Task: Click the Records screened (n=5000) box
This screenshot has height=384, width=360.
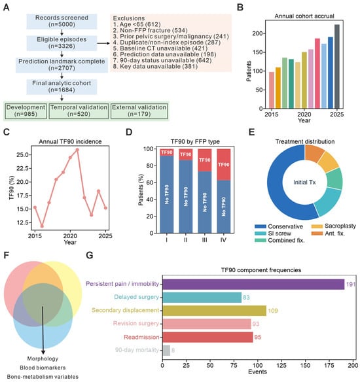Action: pyautogui.click(x=62, y=22)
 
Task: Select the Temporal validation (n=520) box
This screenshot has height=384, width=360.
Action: pyautogui.click(x=79, y=111)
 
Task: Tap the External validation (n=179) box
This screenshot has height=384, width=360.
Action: pyautogui.click(x=139, y=111)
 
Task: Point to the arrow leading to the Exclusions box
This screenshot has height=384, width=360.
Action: pyautogui.click(x=103, y=43)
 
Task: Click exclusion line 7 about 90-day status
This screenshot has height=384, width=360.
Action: pyautogui.click(x=162, y=60)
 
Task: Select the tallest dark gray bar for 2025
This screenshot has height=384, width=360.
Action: pyautogui.click(x=337, y=66)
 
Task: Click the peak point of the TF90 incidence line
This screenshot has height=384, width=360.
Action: pyautogui.click(x=77, y=150)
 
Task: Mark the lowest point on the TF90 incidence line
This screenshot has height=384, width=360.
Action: pyautogui.click(x=42, y=226)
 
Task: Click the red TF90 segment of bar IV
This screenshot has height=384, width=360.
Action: pyautogui.click(x=223, y=165)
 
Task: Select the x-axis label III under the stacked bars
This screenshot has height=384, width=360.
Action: pyautogui.click(x=204, y=240)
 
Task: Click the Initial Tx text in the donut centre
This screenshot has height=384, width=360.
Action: pyautogui.click(x=304, y=183)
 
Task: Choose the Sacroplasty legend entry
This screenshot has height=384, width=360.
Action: pyautogui.click(x=334, y=226)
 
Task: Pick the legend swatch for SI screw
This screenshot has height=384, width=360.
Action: pyautogui.click(x=261, y=234)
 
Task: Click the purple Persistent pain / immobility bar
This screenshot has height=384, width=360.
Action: pyautogui.click(x=253, y=285)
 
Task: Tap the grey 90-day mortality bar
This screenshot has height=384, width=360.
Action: pyautogui.click(x=166, y=350)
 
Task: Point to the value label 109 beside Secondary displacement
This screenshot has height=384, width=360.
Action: pyautogui.click(x=273, y=311)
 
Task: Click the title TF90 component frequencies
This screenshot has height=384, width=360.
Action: pyautogui.click(x=261, y=270)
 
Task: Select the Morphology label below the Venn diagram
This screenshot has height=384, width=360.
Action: pyautogui.click(x=43, y=358)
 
